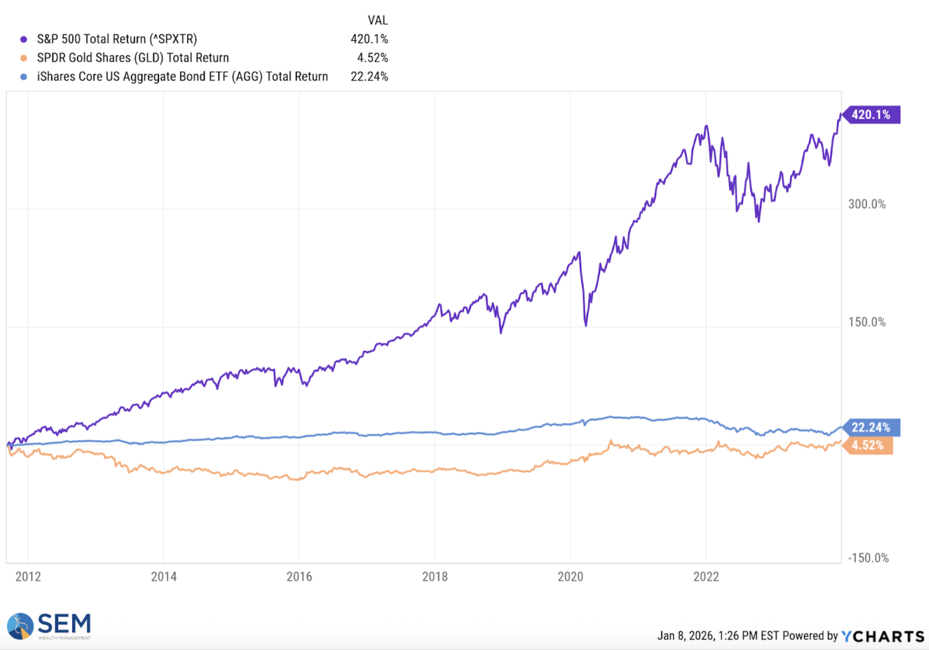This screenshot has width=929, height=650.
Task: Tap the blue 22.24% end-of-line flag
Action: point(870,427)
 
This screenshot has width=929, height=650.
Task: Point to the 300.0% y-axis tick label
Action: point(867,204)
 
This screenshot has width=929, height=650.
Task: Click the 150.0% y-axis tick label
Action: point(867,322)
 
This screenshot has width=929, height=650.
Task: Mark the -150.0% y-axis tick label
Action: point(868,558)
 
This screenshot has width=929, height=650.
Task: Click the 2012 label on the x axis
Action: point(28,577)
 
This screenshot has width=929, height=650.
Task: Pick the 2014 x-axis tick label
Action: point(164,577)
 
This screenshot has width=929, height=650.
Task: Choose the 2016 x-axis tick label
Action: point(299,577)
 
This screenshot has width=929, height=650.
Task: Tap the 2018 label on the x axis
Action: point(435,577)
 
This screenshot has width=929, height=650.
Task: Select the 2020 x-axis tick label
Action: point(570,577)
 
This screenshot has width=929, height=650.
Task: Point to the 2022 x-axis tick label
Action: point(706,577)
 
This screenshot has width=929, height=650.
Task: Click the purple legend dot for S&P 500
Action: point(24,39)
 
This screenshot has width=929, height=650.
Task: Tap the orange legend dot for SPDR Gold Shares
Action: point(24,58)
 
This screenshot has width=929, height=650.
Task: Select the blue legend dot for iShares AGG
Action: point(24,77)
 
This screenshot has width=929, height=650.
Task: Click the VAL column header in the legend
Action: point(377,20)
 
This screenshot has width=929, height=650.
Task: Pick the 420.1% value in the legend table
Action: point(369,39)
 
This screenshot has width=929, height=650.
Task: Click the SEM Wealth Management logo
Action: point(49,626)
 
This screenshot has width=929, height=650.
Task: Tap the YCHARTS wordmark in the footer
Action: point(882,636)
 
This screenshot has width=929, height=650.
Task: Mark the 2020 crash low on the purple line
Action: point(586,325)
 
